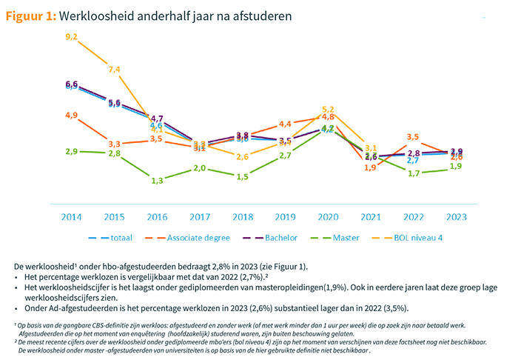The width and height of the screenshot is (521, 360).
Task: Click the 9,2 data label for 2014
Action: (x=72, y=37)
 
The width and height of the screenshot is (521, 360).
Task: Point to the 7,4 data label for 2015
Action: (x=115, y=70)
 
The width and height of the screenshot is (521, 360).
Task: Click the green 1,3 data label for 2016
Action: (x=158, y=181)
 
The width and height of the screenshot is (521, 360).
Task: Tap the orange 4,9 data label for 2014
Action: (x=72, y=116)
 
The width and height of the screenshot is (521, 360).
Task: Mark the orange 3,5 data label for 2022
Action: (x=414, y=137)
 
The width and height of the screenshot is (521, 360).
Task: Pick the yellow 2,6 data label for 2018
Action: (x=243, y=157)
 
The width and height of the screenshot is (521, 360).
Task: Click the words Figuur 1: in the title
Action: (x=31, y=16)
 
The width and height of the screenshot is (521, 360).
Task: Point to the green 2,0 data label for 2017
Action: (x=200, y=169)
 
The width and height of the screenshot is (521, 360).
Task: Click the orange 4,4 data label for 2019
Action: (x=286, y=124)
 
